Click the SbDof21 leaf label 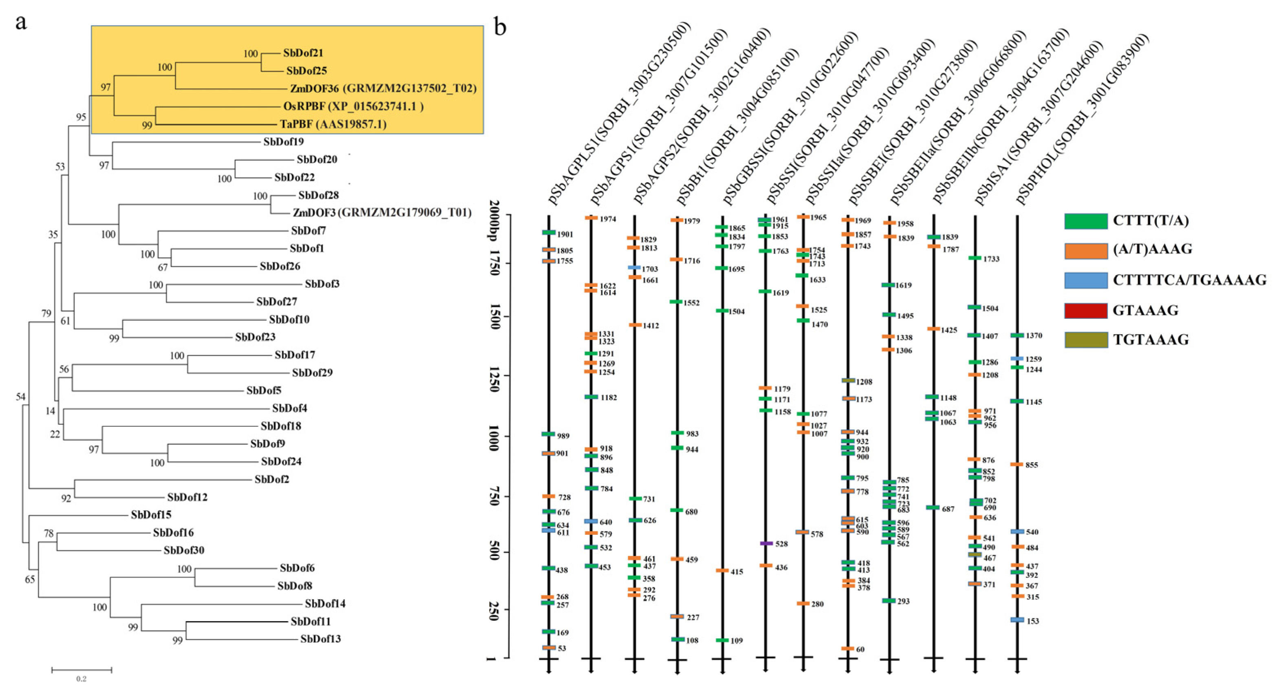[303, 53]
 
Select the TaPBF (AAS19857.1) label [333, 124]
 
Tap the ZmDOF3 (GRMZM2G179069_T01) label [382, 213]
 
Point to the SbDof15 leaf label [151, 515]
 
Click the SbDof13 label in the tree [320, 639]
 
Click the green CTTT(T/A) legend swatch [1086, 221]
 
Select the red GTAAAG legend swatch [1086, 311]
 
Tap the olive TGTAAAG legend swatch [1086, 340]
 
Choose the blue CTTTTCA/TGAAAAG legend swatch [1086, 280]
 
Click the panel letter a [21, 22]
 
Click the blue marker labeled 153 [1017, 620]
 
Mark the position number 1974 [608, 219]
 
